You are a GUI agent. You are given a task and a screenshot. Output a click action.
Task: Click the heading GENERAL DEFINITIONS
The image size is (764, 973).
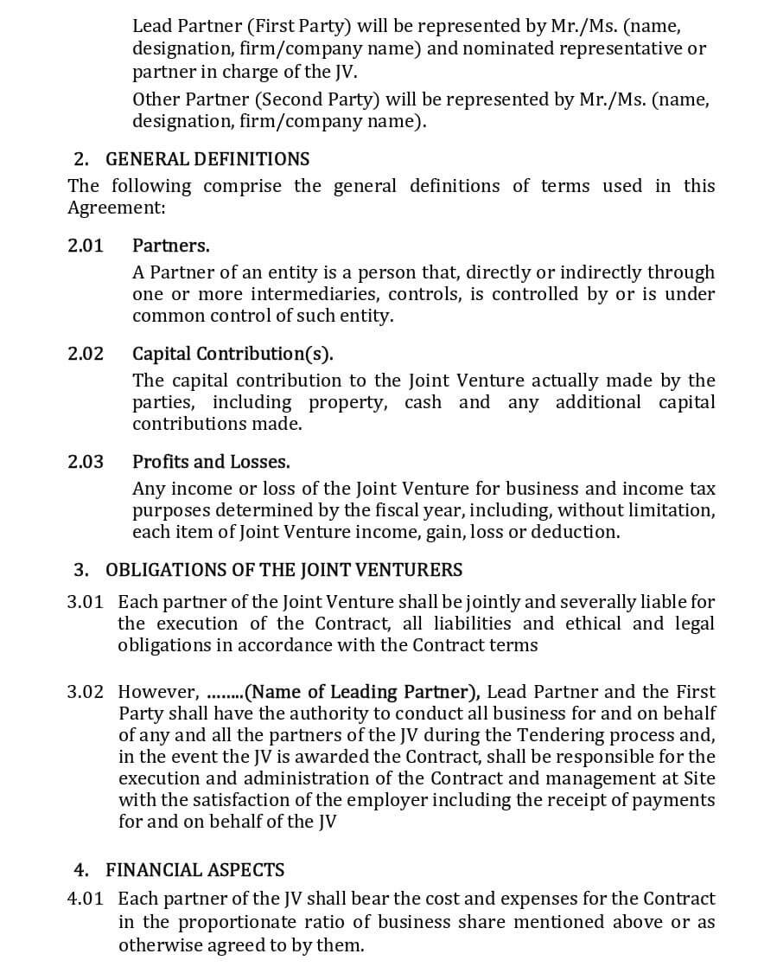pos(207,159)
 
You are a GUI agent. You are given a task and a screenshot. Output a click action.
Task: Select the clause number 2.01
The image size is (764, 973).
pos(86,246)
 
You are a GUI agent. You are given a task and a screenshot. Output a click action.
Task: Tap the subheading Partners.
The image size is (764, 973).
pos(170,246)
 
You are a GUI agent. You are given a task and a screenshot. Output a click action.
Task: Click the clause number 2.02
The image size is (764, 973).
pos(86,354)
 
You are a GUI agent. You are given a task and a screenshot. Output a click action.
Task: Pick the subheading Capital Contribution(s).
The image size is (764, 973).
pos(232,354)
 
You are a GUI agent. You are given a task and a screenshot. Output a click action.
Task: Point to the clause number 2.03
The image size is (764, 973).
pos(86,462)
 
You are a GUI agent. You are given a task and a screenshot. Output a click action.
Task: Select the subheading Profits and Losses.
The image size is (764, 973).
pos(211,462)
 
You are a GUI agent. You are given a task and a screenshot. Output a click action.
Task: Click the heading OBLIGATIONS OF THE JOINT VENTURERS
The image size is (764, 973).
pos(283,570)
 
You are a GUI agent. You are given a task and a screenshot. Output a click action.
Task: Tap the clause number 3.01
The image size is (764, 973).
pos(86,601)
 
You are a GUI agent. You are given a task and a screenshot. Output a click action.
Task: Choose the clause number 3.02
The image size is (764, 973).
pos(86,692)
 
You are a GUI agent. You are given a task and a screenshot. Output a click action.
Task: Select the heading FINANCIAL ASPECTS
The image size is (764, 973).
pos(194,870)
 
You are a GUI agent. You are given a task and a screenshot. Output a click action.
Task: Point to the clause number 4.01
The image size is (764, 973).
pos(86,899)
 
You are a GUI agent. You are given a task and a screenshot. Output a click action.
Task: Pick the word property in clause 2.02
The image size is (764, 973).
pos(349,402)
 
